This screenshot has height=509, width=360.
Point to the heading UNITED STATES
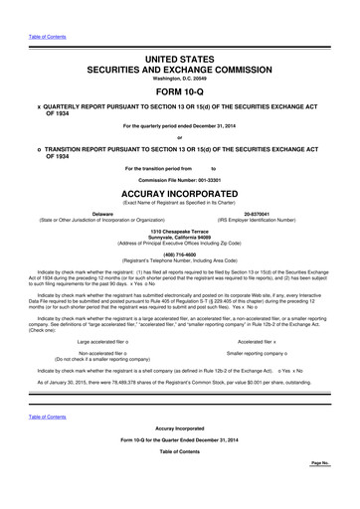tap(180, 61)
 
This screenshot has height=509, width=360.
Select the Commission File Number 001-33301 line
tap(180, 180)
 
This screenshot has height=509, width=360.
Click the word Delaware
tap(102, 214)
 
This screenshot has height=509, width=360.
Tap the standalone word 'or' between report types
tap(180, 137)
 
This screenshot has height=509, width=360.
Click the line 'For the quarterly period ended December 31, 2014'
tap(180, 124)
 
